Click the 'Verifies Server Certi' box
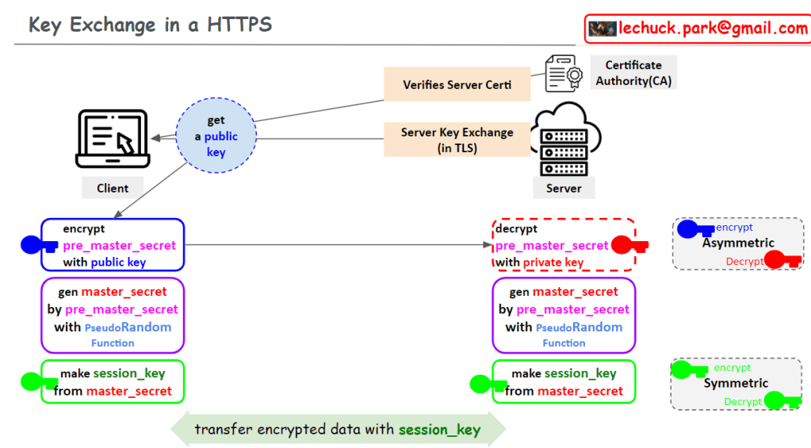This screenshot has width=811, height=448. [457, 85]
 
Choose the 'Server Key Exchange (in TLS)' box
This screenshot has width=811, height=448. [457, 140]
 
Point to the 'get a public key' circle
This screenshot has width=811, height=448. [216, 136]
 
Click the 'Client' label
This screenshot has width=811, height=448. [113, 188]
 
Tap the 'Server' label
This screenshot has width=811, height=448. [564, 188]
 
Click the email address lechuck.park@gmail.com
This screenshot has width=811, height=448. [713, 29]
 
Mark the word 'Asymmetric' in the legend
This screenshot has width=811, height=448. [738, 243]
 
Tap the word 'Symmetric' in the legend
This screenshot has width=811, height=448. [736, 383]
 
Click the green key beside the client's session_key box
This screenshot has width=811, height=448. [36, 381]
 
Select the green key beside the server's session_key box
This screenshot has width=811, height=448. [488, 384]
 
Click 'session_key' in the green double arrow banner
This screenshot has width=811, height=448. [440, 430]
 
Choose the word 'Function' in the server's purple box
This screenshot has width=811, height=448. [564, 343]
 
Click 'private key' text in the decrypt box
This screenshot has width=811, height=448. [552, 262]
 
